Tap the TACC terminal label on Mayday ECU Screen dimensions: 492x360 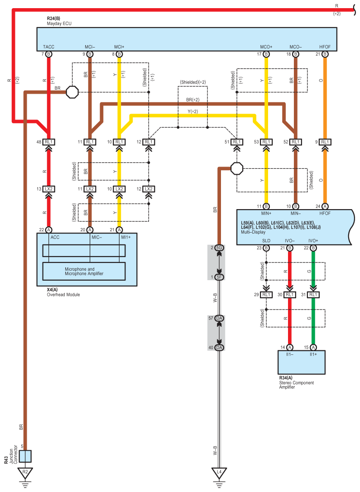pyautogui.click(x=48, y=47)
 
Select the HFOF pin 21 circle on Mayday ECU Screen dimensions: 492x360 pyautogui.click(x=325, y=54)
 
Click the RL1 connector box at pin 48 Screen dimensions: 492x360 pyautogui.click(x=48, y=142)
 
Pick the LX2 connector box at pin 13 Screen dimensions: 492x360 pyautogui.click(x=48, y=189)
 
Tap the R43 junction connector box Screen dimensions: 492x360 pyautogui.click(x=25, y=456)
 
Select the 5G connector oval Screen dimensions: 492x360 pyautogui.click(x=219, y=248)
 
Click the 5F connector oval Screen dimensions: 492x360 pyautogui.click(x=219, y=277)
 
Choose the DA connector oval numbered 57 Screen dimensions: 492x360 pyautogui.click(x=219, y=319)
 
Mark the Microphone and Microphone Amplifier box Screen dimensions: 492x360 pyautogui.click(x=84, y=271)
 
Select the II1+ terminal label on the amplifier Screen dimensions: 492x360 pyautogui.click(x=313, y=355)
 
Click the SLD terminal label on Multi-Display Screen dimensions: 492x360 pyautogui.click(x=266, y=240)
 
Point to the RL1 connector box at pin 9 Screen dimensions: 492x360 pyautogui.click(x=325, y=142)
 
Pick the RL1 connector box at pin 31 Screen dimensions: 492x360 pyautogui.click(x=313, y=295)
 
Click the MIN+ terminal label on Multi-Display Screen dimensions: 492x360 pyautogui.click(x=266, y=212)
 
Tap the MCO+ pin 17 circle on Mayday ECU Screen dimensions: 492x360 pyautogui.click(x=266, y=54)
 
